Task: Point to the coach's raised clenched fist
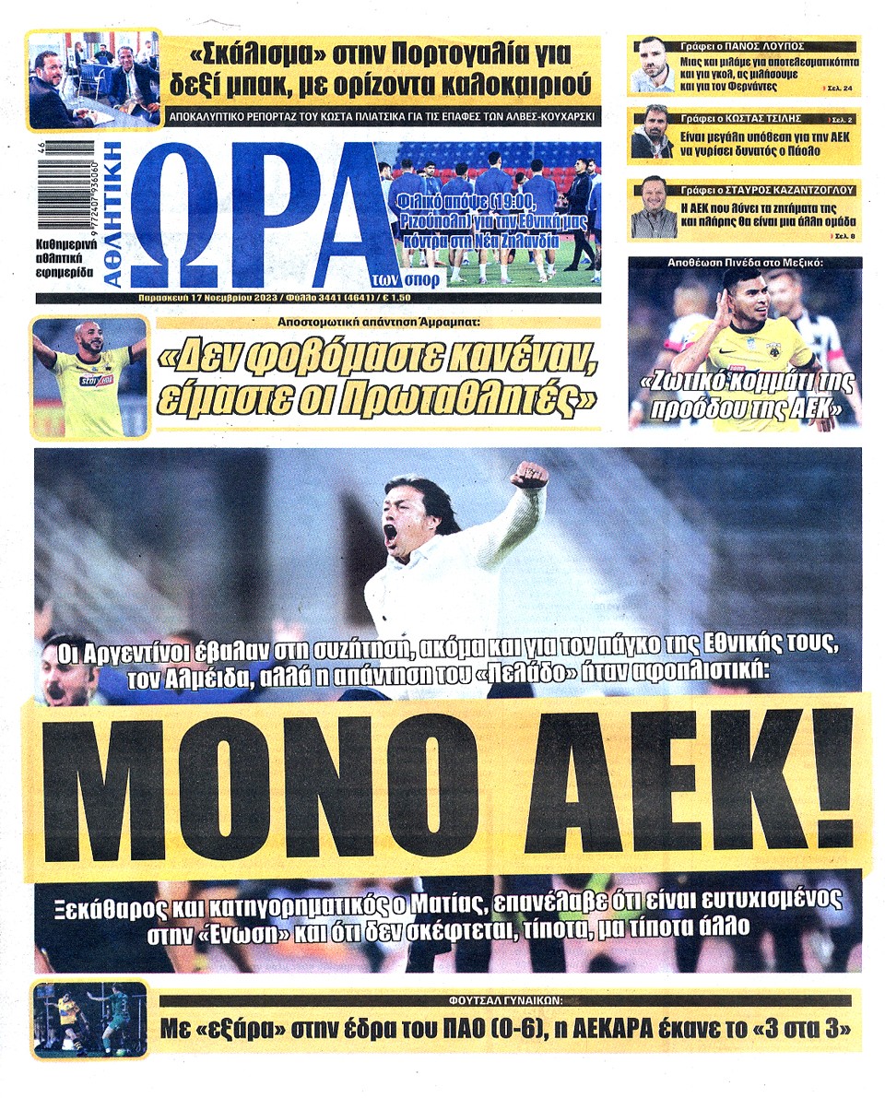point(529,475)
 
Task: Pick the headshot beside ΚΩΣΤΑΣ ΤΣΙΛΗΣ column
point(652,132)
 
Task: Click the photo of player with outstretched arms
point(89,377)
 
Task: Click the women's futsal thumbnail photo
point(89,1020)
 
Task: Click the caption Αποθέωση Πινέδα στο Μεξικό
point(744,263)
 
